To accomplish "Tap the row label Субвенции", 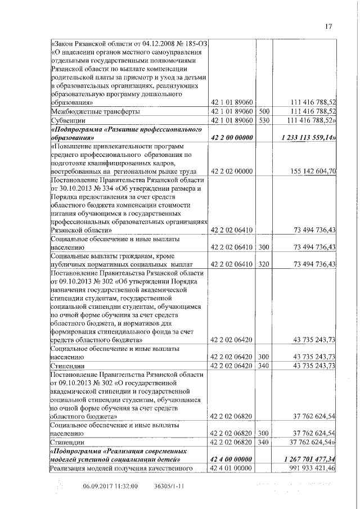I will coord(66,120).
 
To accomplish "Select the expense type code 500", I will coord(264,111).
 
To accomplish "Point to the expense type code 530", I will coord(264,120).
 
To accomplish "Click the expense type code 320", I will coord(264,264).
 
